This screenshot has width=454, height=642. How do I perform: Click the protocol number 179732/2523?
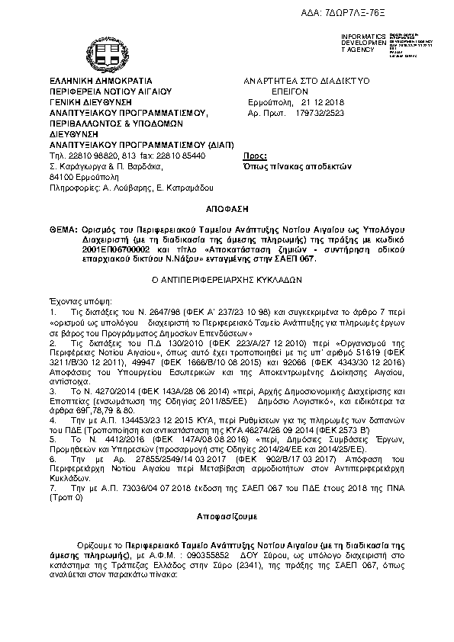[x=320, y=111]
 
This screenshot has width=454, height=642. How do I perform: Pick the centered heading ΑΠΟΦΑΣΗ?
[x=227, y=207]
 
